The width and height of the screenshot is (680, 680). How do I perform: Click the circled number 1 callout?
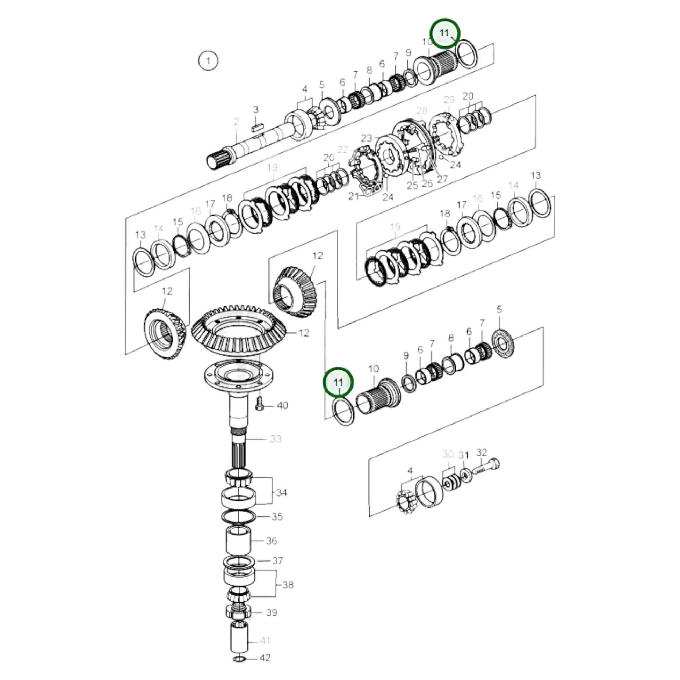[208, 61]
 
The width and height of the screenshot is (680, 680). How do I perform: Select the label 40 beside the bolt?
[282, 405]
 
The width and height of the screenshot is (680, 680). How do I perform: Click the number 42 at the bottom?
[265, 658]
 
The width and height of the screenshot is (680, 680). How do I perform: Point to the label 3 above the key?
[256, 109]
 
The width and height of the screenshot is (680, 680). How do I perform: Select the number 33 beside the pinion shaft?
[276, 439]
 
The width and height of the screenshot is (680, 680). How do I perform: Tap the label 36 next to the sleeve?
[272, 541]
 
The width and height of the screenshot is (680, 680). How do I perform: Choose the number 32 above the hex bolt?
[482, 452]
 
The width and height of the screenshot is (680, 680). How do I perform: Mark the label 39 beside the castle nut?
[272, 613]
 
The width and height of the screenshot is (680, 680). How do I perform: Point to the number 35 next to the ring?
[277, 517]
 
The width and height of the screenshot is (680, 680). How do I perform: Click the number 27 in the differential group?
[442, 179]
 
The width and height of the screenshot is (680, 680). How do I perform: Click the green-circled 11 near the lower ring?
[338, 382]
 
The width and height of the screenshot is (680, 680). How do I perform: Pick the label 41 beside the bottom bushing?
[265, 641]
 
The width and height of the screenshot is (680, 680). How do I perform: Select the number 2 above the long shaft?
[237, 122]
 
